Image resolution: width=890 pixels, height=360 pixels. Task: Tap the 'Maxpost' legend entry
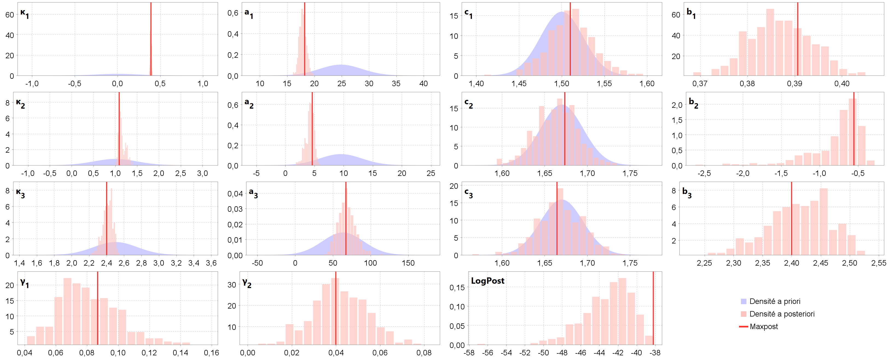(x=764, y=326)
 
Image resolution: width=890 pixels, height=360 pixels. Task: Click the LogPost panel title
(x=487, y=281)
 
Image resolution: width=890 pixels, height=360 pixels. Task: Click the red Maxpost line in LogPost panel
(x=653, y=307)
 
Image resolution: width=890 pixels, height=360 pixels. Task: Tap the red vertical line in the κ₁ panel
(x=151, y=38)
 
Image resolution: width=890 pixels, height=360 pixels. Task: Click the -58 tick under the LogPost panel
(x=469, y=353)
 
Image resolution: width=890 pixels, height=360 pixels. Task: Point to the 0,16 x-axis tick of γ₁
(x=211, y=353)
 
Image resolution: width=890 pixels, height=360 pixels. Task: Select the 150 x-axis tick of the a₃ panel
(x=408, y=263)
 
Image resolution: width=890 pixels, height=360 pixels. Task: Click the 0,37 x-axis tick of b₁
(x=700, y=84)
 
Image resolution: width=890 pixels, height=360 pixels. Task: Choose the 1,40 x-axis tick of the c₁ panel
(x=476, y=84)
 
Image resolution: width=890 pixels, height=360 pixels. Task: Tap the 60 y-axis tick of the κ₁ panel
(x=10, y=15)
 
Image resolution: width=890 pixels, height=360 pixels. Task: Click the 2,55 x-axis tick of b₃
(x=879, y=263)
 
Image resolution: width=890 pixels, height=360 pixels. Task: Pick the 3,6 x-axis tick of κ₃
(x=211, y=263)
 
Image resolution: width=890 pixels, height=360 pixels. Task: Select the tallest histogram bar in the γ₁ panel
(x=67, y=311)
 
